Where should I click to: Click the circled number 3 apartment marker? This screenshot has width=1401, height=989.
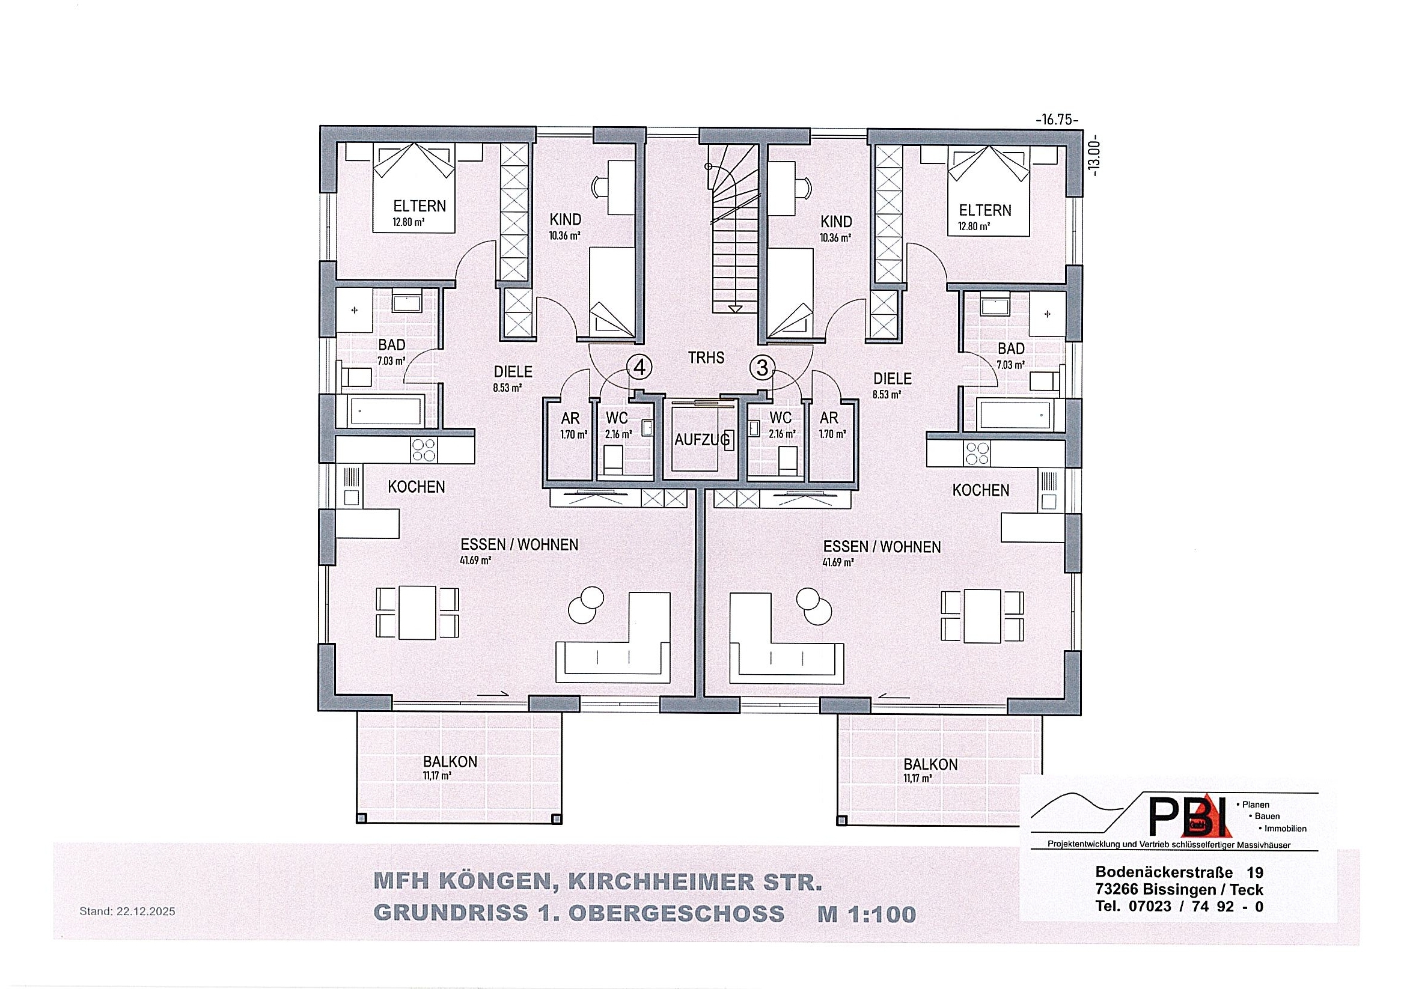[x=762, y=368]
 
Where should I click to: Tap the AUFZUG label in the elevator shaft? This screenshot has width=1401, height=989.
[x=702, y=439]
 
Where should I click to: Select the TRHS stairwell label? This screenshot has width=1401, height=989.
[x=706, y=358]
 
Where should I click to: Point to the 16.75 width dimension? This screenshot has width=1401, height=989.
[x=1057, y=120]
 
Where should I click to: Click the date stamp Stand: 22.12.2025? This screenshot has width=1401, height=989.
[x=127, y=911]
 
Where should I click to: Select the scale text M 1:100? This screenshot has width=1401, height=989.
[x=867, y=914]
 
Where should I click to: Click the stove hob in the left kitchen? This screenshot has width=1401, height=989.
[x=424, y=449]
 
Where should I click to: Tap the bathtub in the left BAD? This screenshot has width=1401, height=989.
[x=386, y=410]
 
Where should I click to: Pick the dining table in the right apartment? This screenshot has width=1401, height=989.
[x=982, y=616]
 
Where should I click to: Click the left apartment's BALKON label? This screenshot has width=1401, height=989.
[x=450, y=762]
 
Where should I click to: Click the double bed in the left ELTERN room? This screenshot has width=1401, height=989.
[x=415, y=188]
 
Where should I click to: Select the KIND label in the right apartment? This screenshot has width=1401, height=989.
[x=836, y=221]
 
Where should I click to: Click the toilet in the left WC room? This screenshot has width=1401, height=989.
[x=612, y=458]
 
